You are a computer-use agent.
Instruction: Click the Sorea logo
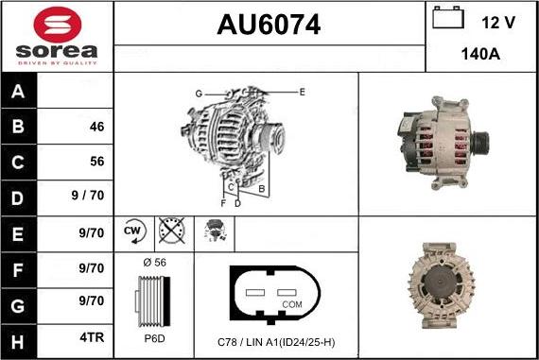pyautogui.click(x=57, y=35)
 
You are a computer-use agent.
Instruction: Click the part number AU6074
pyautogui.click(x=269, y=26)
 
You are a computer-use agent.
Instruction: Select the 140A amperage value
pyautogui.click(x=481, y=55)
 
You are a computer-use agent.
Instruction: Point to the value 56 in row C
pyautogui.click(x=96, y=162)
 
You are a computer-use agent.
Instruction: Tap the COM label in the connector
pyautogui.click(x=292, y=304)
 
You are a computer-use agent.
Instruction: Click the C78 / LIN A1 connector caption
pyautogui.click(x=275, y=340)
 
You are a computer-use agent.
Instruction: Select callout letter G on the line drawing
pyautogui.click(x=199, y=93)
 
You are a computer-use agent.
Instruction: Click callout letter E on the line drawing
pyautogui.click(x=302, y=92)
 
